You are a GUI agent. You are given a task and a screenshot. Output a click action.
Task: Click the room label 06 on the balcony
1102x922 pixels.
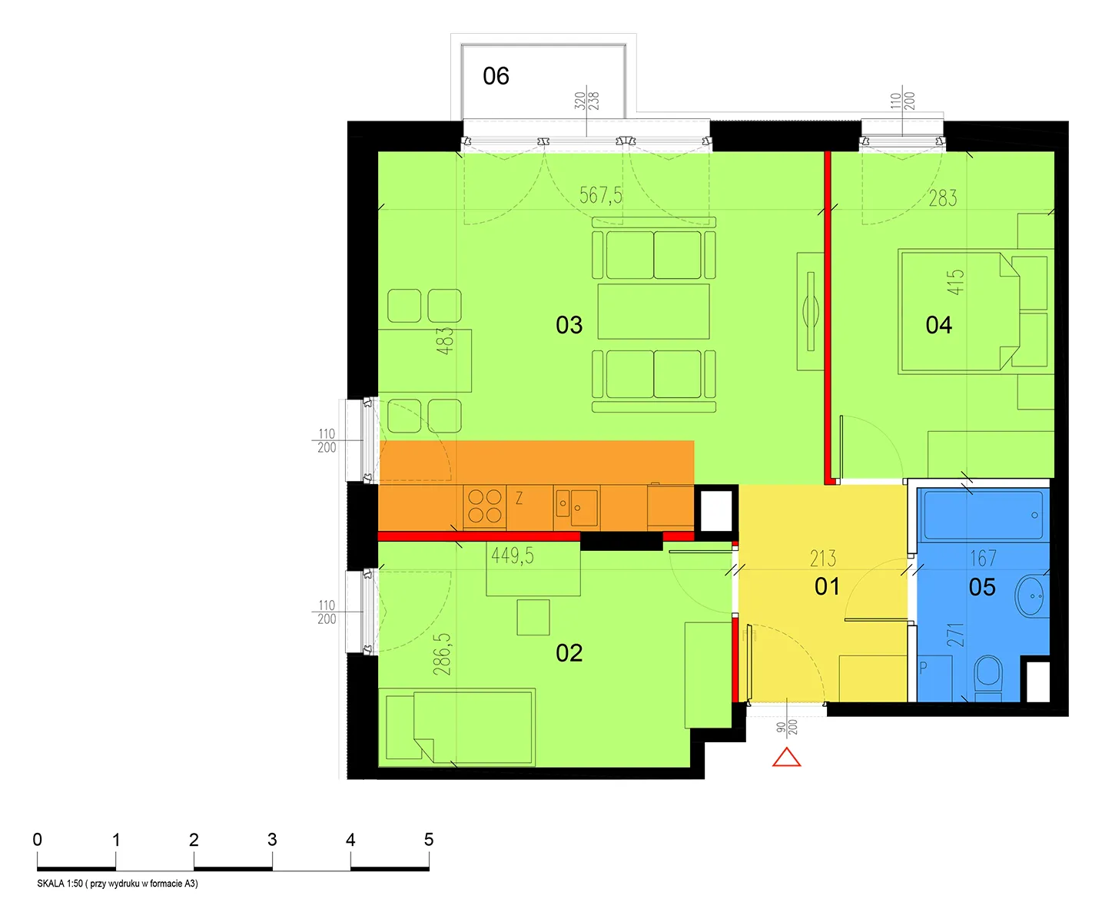496,76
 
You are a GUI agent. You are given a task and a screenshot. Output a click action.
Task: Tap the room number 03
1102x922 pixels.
569,325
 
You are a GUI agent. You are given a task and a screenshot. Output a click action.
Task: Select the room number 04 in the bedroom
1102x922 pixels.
939,325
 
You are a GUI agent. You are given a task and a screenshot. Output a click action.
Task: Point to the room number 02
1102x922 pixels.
569,653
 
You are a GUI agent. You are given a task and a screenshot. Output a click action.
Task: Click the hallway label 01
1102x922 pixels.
827,586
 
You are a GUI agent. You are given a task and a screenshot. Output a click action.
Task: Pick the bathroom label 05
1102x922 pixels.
982,587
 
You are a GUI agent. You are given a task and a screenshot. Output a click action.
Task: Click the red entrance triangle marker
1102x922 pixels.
786,758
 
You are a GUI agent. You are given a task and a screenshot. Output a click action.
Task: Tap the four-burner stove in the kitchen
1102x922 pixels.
484,506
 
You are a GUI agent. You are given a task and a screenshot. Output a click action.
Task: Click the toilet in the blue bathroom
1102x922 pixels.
988,678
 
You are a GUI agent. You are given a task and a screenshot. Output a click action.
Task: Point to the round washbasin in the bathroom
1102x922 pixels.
1032,597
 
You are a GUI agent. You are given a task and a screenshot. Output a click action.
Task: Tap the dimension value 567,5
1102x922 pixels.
601,195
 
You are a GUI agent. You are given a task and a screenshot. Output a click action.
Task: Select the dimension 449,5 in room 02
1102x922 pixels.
513,556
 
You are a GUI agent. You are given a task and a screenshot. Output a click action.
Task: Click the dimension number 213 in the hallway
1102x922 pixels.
823,559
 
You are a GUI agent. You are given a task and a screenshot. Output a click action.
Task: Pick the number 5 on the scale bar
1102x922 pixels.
429,839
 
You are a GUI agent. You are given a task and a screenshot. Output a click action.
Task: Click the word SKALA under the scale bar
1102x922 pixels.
51,884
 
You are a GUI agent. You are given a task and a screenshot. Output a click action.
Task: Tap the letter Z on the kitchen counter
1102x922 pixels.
519,498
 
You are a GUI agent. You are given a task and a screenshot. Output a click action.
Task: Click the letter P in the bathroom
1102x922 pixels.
923,668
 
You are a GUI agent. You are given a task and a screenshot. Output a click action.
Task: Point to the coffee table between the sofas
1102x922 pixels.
653,311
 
